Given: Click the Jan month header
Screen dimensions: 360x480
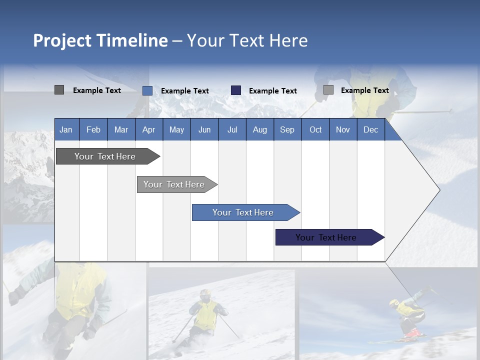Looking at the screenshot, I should (x=66, y=129).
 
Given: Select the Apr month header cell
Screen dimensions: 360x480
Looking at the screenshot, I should (x=148, y=129).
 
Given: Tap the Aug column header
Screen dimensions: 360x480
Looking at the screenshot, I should (x=259, y=129).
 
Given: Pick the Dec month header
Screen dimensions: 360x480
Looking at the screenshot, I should (x=370, y=129).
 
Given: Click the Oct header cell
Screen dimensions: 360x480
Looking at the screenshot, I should (x=315, y=129).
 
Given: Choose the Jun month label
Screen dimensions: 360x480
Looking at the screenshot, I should (x=204, y=129).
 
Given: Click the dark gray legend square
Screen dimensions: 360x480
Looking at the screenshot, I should (x=59, y=90).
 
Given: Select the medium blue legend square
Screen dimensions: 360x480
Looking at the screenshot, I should (x=147, y=90).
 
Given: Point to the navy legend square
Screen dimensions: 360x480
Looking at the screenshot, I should (x=236, y=90).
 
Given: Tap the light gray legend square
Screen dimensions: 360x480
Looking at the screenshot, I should (x=328, y=90).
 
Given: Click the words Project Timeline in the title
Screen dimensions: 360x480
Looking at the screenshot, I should (x=100, y=40).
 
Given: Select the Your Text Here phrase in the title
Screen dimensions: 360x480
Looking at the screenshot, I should (x=247, y=40).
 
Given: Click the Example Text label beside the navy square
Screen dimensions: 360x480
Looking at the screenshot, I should (x=272, y=91).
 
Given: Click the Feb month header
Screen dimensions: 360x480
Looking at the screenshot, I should (x=93, y=129).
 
